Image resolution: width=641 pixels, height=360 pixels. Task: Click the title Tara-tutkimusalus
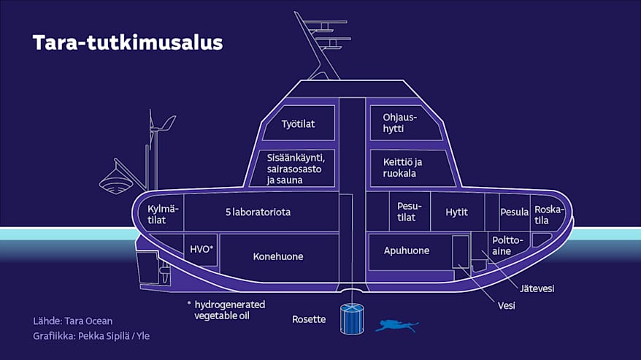tap(127, 42)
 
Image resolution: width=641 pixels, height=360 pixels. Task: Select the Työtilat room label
tap(298, 124)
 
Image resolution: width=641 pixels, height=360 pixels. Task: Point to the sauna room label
tap(291, 167)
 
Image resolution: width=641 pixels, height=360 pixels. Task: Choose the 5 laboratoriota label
tap(258, 212)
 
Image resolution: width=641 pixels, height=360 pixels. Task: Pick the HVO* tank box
tap(201, 249)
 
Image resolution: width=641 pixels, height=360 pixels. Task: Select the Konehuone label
tap(277, 256)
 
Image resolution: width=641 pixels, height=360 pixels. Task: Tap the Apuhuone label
tap(407, 250)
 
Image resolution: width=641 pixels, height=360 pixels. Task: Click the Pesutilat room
tap(407, 212)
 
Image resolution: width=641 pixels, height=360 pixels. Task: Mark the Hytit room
tap(456, 212)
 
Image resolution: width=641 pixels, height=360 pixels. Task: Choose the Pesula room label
tap(514, 212)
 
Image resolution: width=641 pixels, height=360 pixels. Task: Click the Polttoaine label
tap(507, 245)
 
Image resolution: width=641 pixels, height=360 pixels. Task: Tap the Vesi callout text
tap(506, 305)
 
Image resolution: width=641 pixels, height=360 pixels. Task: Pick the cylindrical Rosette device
tap(352, 319)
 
